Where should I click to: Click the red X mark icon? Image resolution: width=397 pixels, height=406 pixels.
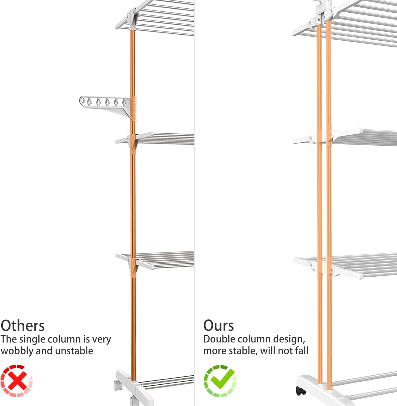tap(16, 381)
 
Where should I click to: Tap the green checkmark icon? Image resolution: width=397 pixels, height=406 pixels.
tap(220, 381)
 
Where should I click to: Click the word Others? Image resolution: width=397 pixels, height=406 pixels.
tap(23, 326)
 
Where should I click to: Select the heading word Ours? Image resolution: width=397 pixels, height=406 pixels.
tap(219, 326)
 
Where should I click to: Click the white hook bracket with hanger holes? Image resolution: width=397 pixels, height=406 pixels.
tap(108, 107)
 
